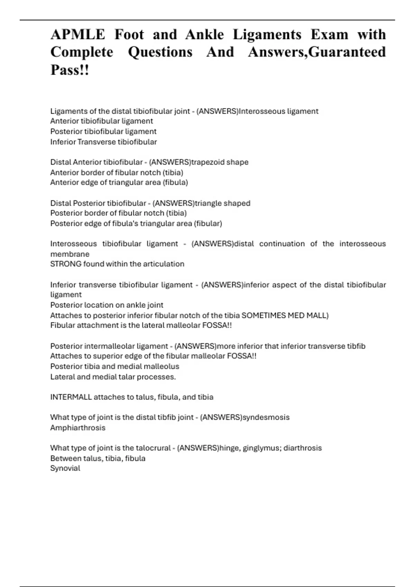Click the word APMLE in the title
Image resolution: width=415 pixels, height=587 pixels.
point(78,35)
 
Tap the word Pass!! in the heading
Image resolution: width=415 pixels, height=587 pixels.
point(70,70)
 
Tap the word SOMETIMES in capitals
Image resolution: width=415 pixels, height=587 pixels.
point(263,315)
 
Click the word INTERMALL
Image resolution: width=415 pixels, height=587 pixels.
point(71,397)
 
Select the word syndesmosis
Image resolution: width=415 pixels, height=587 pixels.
point(266,417)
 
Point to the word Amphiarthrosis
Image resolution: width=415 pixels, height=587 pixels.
point(78,428)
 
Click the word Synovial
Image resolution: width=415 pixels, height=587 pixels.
point(65,469)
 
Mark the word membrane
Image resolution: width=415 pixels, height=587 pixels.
point(70,254)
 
